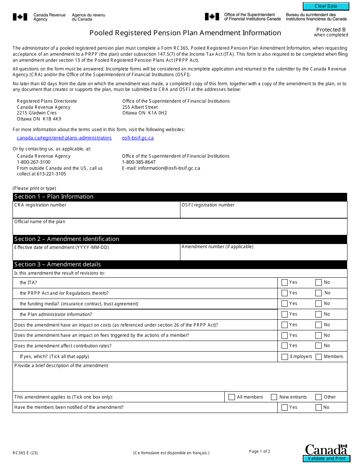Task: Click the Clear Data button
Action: [x=326, y=6]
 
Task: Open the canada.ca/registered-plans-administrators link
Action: [x=64, y=138]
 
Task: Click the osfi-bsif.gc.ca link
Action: [x=138, y=138]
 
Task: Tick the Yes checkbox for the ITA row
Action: [x=285, y=282]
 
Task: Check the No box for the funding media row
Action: [x=318, y=303]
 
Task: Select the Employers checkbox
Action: [x=285, y=357]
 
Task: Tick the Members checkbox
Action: [x=318, y=357]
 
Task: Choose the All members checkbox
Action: [x=232, y=397]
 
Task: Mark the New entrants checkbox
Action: [x=274, y=397]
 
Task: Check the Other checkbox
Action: [x=318, y=397]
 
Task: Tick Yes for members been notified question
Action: [x=285, y=408]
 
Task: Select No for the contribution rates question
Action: [x=318, y=346]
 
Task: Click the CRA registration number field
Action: [x=96, y=213]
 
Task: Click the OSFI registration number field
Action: [x=263, y=213]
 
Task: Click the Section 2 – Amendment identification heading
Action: [x=67, y=239]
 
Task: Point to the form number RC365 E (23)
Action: [x=25, y=453]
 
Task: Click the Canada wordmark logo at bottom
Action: [x=326, y=449]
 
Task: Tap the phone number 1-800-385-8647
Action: [x=139, y=162]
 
